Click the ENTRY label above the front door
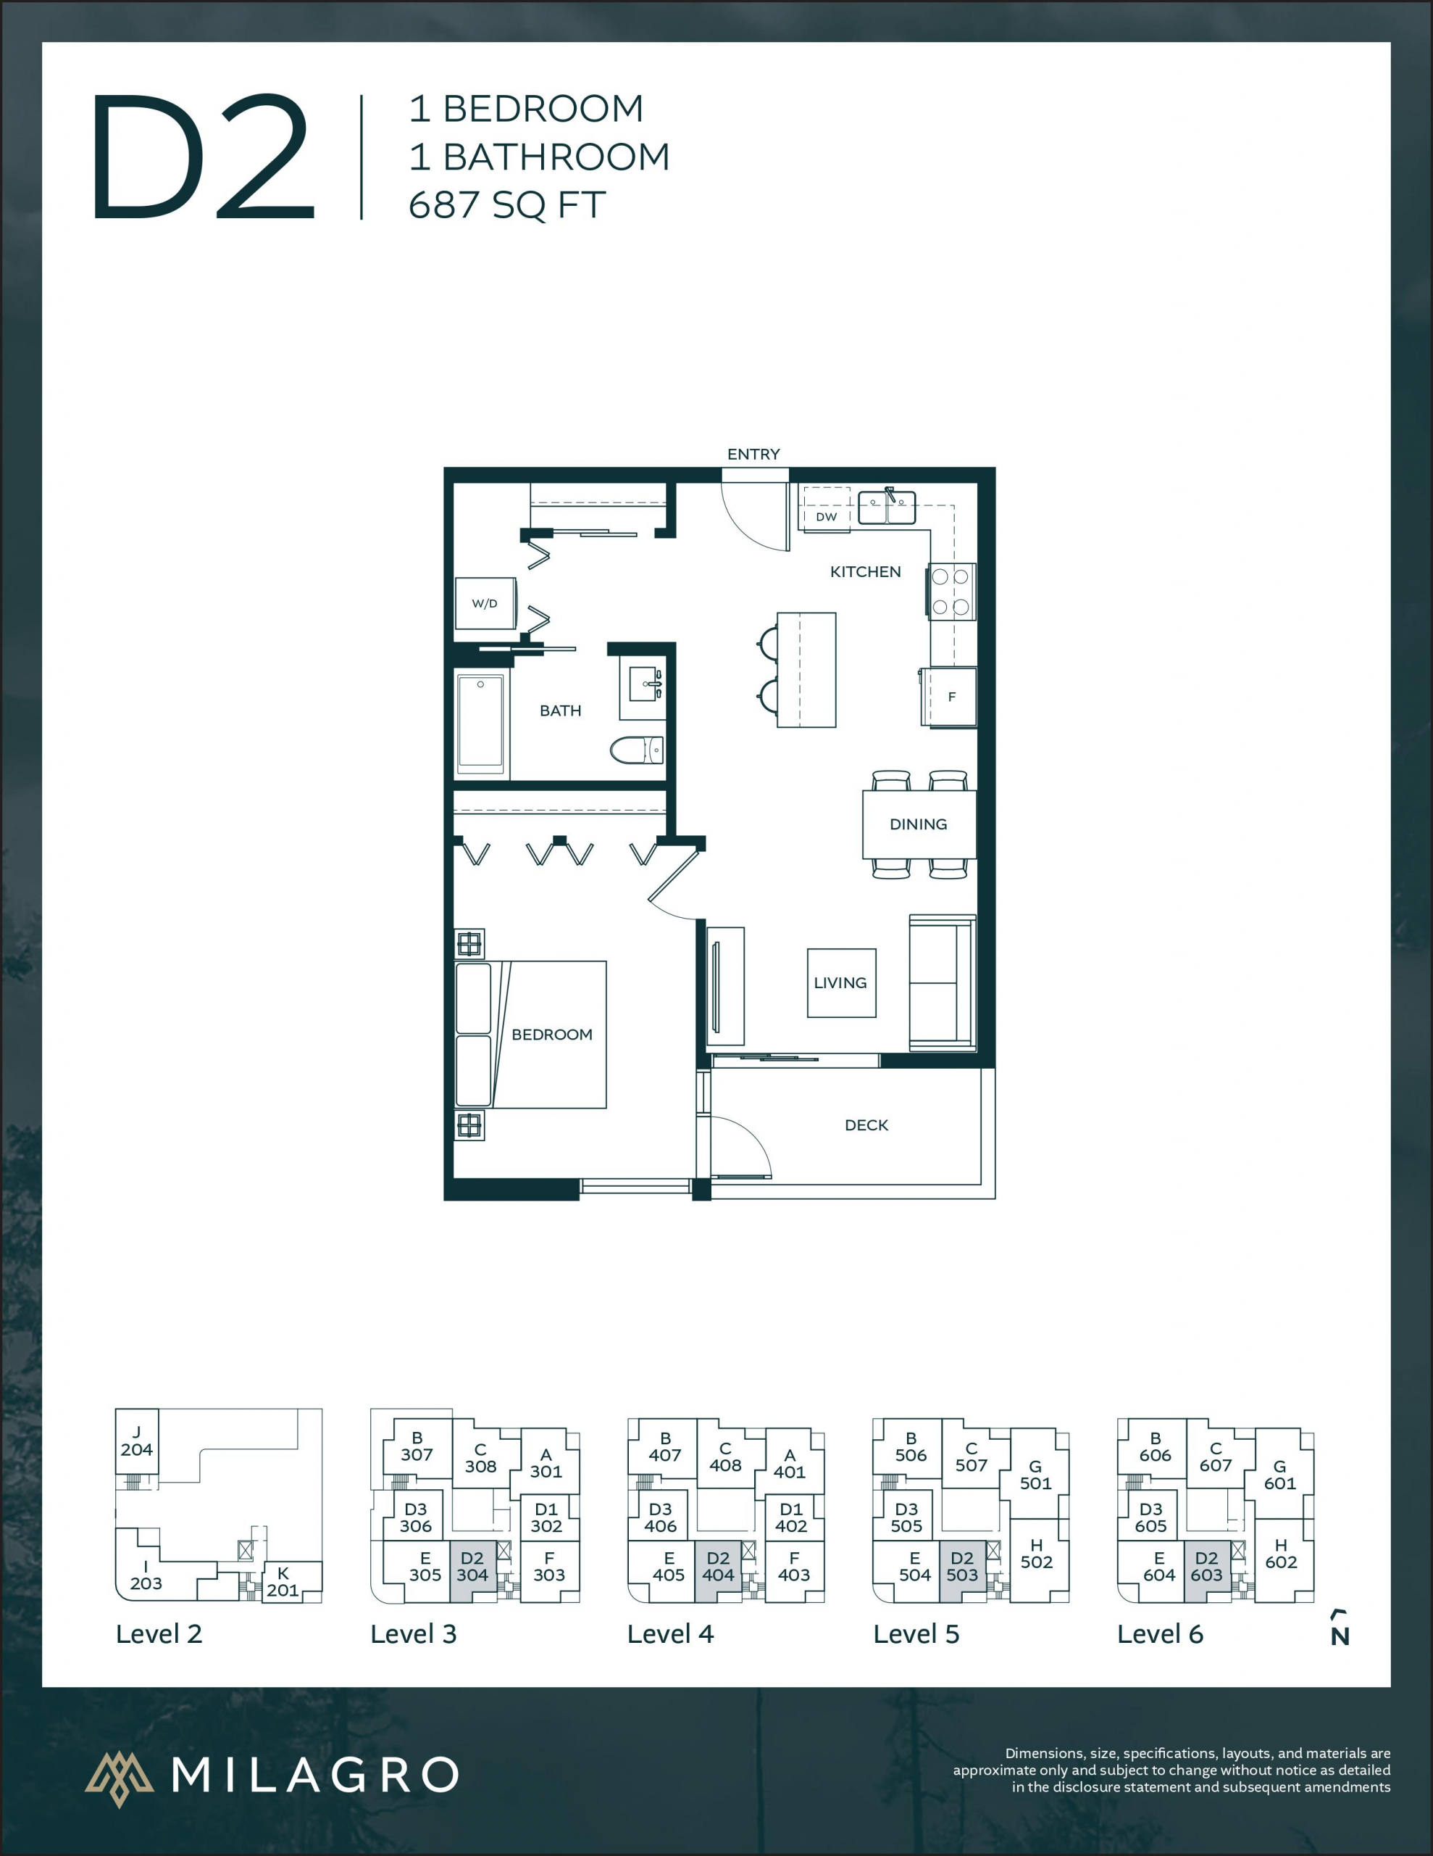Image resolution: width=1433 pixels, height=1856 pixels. point(753,454)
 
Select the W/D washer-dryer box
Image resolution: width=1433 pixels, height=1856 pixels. point(485,603)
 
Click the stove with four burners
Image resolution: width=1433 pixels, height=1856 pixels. point(951,592)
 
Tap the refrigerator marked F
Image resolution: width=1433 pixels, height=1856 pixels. point(951,697)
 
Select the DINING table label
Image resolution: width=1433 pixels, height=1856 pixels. point(918,824)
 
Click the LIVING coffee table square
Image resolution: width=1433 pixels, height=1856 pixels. point(840,982)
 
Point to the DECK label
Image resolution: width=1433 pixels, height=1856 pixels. point(866,1124)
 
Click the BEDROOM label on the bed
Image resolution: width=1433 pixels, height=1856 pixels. point(551,1035)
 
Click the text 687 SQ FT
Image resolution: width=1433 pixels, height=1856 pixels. point(507,204)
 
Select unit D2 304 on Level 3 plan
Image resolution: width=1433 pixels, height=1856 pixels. point(472,1566)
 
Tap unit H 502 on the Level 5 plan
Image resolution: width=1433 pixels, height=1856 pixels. point(1036,1554)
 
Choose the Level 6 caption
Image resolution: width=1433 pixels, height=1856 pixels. point(1159,1633)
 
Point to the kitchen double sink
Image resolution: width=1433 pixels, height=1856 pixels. point(886,507)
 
